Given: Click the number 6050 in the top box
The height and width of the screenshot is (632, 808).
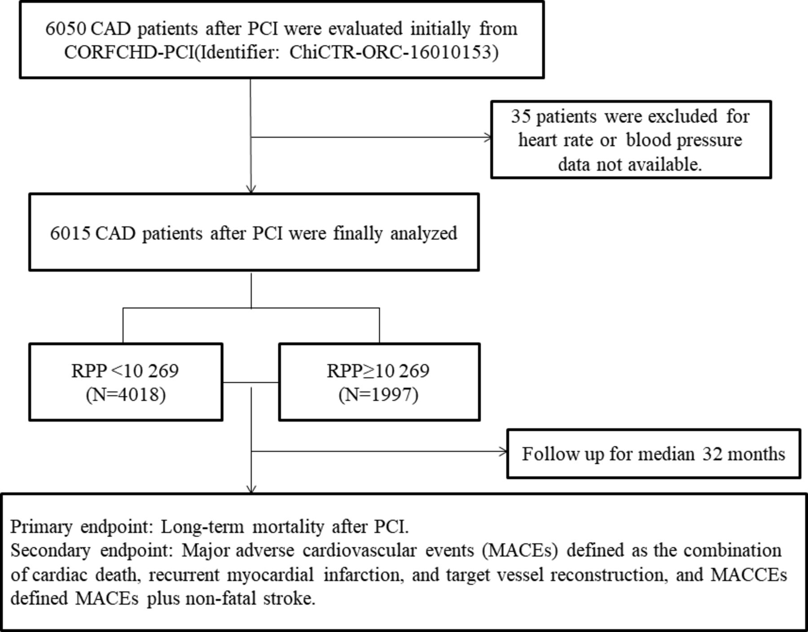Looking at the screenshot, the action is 66,29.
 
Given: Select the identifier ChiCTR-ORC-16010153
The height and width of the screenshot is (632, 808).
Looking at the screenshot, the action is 394,53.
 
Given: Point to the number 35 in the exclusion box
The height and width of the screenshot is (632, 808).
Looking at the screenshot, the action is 521,116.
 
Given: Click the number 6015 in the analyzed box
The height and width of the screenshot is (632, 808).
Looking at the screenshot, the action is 70,234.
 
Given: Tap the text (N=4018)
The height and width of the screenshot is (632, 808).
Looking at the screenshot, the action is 126,395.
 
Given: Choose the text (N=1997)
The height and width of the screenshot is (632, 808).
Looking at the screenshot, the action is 378,395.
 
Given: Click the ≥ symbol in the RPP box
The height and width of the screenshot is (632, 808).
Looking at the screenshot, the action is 369,371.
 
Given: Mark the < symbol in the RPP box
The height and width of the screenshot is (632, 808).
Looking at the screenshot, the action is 115,371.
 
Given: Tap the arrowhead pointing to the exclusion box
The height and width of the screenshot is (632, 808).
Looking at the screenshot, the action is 488,137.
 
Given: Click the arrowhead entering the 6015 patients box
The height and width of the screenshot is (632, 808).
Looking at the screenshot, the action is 251,189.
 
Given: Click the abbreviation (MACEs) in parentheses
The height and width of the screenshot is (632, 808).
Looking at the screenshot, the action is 520,551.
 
